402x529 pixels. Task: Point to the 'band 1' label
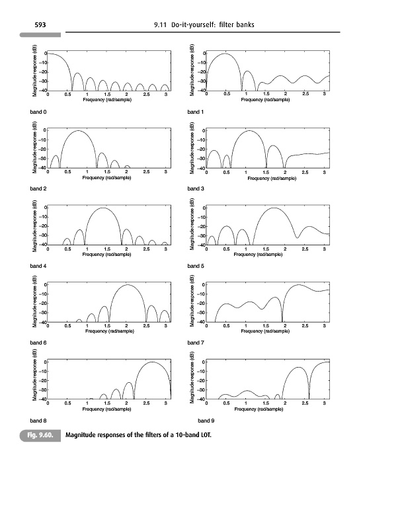tap(196, 112)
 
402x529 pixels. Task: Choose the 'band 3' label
tap(196, 189)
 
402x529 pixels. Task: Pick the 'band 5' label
tap(196, 266)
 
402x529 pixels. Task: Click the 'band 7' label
tap(196, 343)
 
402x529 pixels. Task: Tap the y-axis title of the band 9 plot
tap(191, 380)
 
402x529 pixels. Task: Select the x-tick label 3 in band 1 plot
tap(325, 95)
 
